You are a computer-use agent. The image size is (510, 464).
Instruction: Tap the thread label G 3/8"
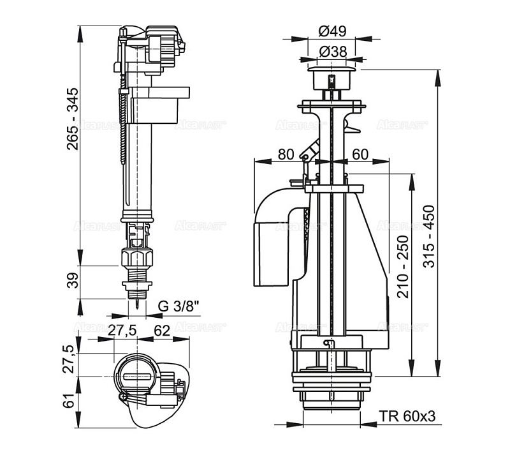(179, 306)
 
